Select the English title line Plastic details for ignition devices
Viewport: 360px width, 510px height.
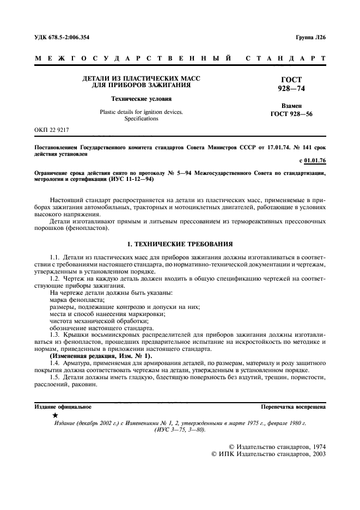[x=141, y=112]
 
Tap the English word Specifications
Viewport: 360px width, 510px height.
[x=141, y=118]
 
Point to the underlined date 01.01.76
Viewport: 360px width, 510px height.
[x=315, y=162]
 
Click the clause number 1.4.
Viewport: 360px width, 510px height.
[x=54, y=362]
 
